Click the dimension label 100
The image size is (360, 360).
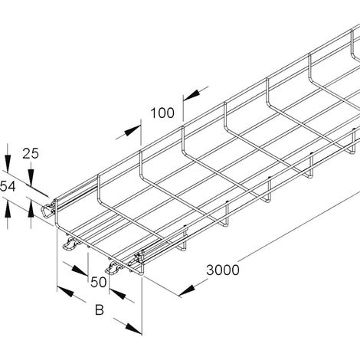coord(162,113)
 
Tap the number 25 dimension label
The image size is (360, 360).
coord(31,154)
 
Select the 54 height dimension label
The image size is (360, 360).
coord(8,186)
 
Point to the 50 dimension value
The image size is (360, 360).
coord(99,283)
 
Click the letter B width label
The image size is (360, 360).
coord(100,310)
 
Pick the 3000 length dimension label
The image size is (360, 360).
coord(223,270)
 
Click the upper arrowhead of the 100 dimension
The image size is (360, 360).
coord(192,94)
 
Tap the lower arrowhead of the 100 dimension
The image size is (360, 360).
coord(133,131)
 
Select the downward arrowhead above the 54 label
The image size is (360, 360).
coord(8,163)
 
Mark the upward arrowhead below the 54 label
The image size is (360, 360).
coord(8,209)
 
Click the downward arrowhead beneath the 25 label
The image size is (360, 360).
coord(31,178)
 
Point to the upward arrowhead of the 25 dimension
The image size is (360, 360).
coord(31,209)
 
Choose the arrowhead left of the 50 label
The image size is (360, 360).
coord(80,270)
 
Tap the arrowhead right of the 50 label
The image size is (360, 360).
coord(117,293)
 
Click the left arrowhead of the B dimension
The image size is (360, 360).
coord(65,291)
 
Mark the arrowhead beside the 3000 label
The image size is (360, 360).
coord(187,291)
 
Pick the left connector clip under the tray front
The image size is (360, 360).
coord(70,243)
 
